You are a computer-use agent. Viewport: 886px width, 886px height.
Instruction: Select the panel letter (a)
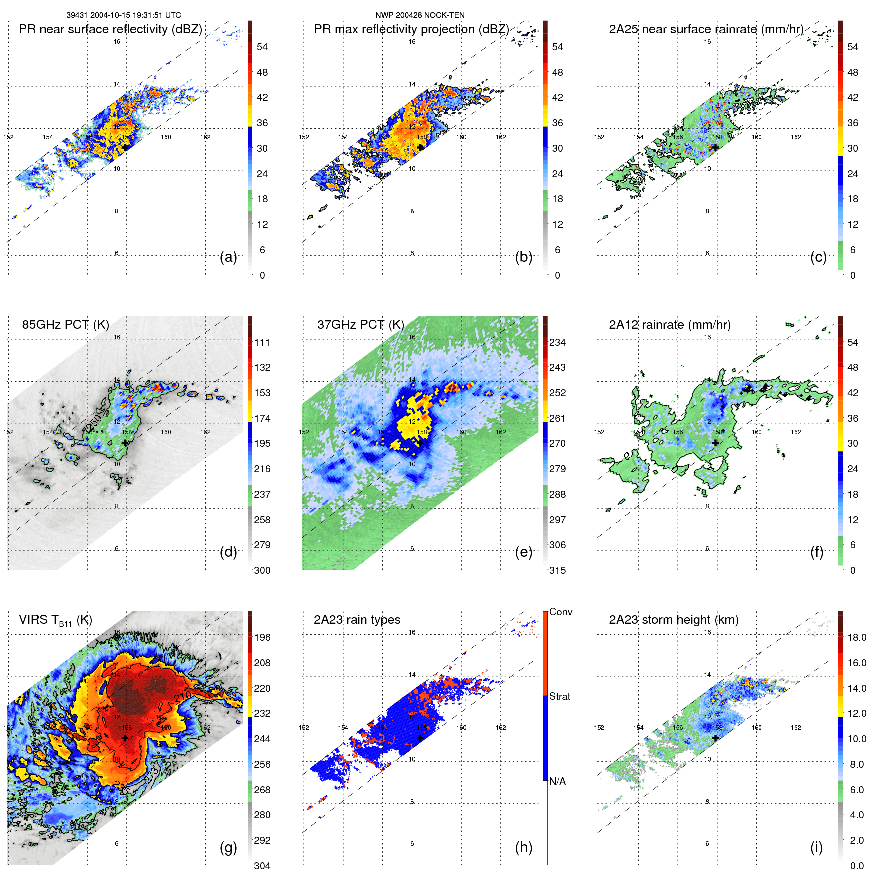[x=228, y=257]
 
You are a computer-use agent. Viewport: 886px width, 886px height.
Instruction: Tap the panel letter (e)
[x=523, y=552]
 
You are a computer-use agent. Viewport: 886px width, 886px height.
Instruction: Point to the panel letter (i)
[x=816, y=847]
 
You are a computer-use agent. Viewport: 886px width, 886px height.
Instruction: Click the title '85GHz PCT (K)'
[x=65, y=325]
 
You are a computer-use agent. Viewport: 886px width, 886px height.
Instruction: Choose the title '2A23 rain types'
[x=357, y=620]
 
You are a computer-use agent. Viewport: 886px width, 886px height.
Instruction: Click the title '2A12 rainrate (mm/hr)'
[x=669, y=325]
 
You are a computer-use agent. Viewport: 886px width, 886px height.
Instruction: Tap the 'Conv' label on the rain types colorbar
[x=560, y=612]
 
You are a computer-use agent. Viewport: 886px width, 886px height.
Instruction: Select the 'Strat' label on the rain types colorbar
[x=559, y=696]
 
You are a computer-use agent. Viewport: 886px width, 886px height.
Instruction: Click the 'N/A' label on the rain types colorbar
[x=557, y=781]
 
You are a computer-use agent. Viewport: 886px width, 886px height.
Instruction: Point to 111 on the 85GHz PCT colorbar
[x=262, y=342]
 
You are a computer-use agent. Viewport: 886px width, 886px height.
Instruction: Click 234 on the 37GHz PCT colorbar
[x=557, y=342]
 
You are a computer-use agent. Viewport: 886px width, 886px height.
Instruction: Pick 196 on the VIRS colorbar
[x=262, y=637]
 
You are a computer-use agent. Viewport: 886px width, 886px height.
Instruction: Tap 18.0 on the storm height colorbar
[x=856, y=637]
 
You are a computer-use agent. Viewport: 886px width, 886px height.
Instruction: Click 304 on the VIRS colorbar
[x=262, y=866]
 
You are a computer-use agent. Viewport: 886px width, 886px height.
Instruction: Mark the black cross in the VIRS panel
[x=125, y=738]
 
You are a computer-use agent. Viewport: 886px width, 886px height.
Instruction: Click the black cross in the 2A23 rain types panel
[x=420, y=738]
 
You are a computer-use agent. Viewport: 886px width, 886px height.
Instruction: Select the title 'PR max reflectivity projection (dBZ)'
[x=411, y=29]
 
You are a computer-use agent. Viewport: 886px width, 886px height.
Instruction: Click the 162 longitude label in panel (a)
[x=205, y=137]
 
